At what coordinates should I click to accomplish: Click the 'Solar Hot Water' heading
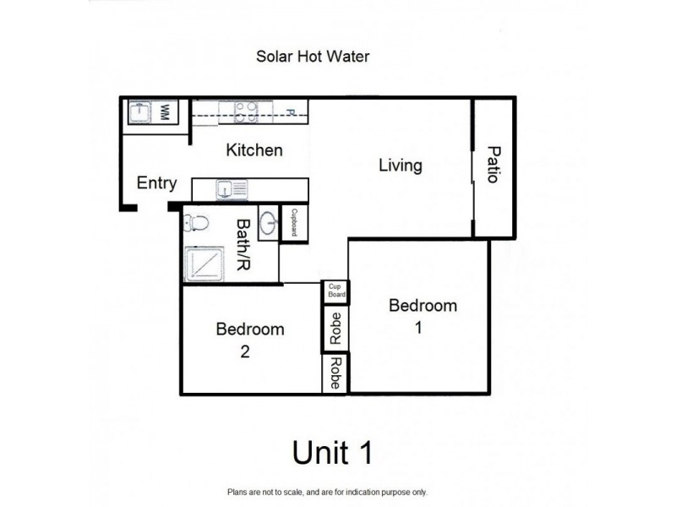pyautogui.click(x=313, y=57)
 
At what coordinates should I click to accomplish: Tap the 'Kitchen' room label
pyautogui.click(x=253, y=150)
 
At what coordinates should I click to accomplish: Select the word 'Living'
pyautogui.click(x=400, y=166)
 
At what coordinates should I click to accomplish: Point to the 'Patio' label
pyautogui.click(x=493, y=166)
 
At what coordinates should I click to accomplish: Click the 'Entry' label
pyautogui.click(x=156, y=183)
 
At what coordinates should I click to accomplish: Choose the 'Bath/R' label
pyautogui.click(x=243, y=244)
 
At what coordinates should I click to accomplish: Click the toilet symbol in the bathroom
pyautogui.click(x=196, y=224)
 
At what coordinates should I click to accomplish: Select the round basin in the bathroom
pyautogui.click(x=268, y=225)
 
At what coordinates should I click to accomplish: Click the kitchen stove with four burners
pyautogui.click(x=246, y=112)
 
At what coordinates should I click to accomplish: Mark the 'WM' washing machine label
pyautogui.click(x=166, y=112)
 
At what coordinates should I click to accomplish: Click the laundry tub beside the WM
pyautogui.click(x=139, y=112)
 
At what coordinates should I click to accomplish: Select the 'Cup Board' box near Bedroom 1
pyautogui.click(x=335, y=292)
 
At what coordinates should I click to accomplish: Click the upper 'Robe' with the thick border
pyautogui.click(x=335, y=327)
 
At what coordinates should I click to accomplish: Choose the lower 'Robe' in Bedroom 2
pyautogui.click(x=335, y=372)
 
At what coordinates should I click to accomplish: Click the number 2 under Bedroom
pyautogui.click(x=244, y=353)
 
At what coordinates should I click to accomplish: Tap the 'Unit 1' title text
pyautogui.click(x=332, y=452)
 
